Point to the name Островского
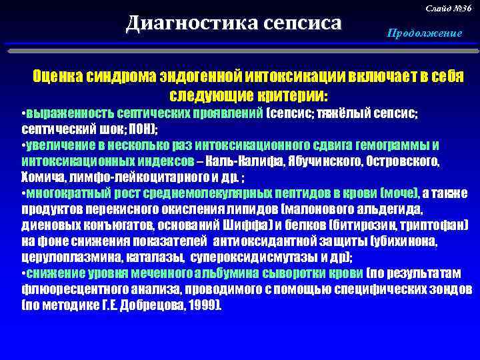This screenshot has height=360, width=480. (x=400, y=162)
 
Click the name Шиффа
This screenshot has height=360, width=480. (x=251, y=226)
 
